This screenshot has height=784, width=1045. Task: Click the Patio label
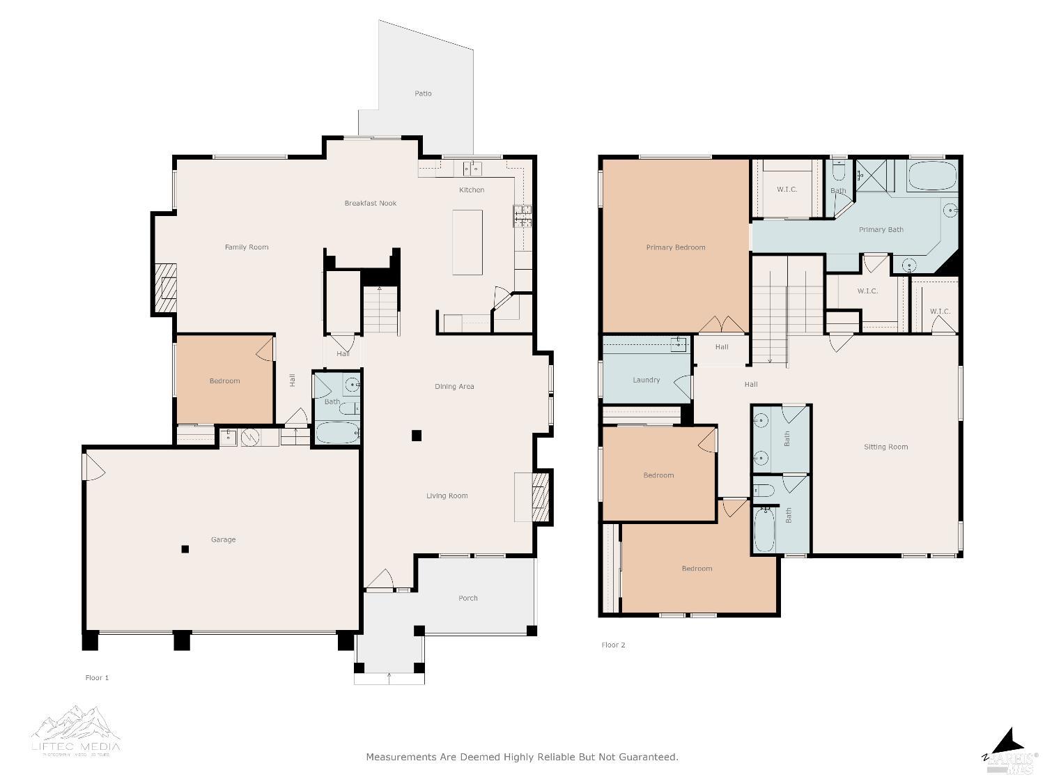423,93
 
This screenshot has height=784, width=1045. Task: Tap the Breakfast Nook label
370,203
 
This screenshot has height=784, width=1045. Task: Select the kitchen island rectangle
467,243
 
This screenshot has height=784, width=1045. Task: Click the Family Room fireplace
166,288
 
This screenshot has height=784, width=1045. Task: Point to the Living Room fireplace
541,497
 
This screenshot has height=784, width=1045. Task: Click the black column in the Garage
185,549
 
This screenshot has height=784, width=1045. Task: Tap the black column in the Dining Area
417,436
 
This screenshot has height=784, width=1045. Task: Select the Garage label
223,539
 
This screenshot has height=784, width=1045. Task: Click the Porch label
468,598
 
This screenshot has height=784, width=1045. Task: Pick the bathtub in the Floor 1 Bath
338,433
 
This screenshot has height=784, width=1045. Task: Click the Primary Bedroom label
675,247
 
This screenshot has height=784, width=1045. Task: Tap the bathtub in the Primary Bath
933,176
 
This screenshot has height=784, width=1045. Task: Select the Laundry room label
646,380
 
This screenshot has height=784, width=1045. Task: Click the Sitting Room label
885,447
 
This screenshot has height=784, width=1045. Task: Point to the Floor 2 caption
613,645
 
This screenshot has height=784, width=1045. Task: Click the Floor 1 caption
97,677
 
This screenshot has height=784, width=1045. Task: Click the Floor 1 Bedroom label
224,381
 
